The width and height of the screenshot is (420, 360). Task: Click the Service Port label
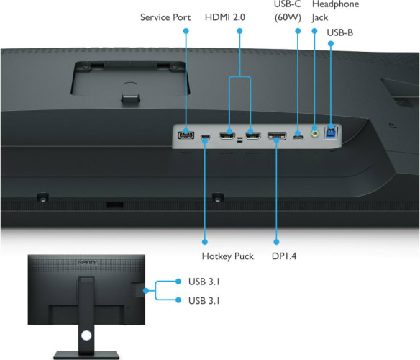[165, 17]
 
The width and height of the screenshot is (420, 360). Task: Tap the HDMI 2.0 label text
[225, 17]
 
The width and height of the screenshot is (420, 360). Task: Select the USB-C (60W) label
[288, 11]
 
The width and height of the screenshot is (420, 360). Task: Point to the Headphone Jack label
[335, 11]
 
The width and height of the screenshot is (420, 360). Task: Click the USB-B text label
[340, 32]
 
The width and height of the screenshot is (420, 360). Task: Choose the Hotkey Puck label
[228, 256]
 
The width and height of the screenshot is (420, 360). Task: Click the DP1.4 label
[284, 256]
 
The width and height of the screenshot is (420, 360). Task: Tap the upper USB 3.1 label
[204, 282]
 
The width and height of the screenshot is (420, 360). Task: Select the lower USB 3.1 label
[204, 301]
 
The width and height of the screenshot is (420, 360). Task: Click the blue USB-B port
[331, 132]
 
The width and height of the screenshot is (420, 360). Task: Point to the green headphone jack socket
[315, 133]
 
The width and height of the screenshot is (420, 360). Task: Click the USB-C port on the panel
[298, 137]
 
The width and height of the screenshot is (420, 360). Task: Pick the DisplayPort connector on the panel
[277, 136]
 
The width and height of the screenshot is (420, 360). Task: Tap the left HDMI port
[227, 136]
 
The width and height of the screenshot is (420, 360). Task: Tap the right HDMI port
[252, 136]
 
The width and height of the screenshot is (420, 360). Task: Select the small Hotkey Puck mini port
[205, 138]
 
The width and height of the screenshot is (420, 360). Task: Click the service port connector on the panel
[186, 135]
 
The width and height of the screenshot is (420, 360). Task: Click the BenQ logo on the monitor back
[86, 262]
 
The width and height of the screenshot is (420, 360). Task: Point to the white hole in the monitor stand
[86, 336]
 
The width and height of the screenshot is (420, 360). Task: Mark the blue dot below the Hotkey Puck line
[205, 242]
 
